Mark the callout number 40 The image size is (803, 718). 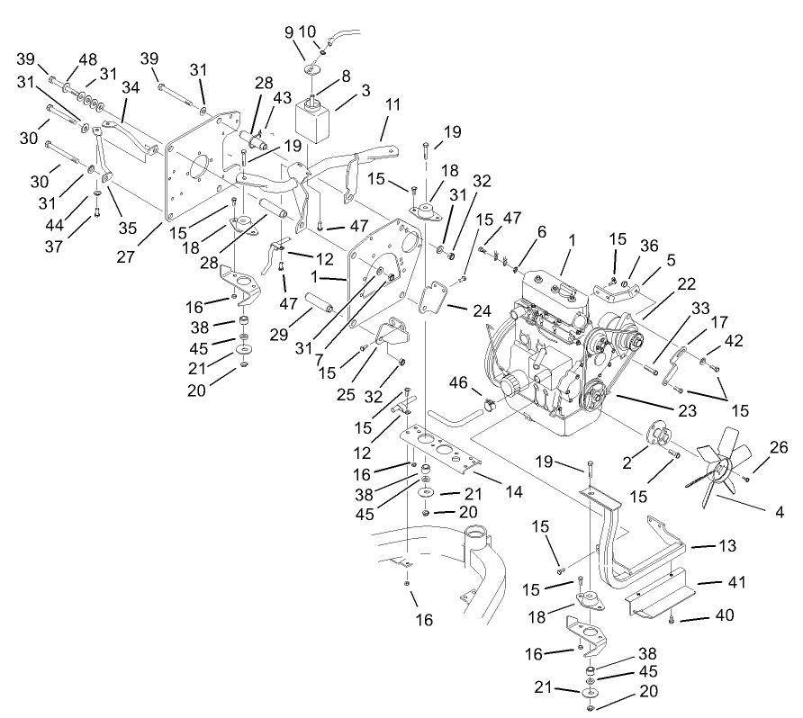[x=726, y=616]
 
